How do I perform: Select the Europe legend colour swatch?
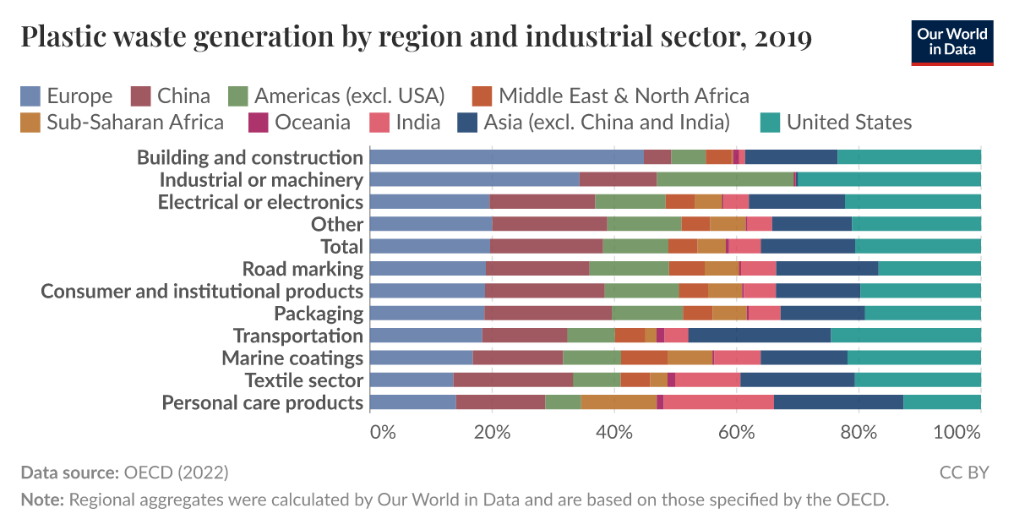point(31,96)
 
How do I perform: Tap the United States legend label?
point(848,122)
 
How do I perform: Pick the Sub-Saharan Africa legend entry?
point(123,122)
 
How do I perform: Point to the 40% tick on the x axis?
point(614,431)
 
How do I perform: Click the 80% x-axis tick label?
point(859,431)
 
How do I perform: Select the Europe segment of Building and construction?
point(506,156)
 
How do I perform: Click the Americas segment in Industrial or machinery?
point(725,178)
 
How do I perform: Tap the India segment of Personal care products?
point(718,402)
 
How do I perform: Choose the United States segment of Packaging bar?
point(923,313)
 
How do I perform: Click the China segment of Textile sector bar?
point(513,380)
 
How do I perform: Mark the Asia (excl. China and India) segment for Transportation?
point(759,335)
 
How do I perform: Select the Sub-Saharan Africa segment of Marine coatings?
point(690,358)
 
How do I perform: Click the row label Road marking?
point(303,269)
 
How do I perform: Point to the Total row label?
point(341,246)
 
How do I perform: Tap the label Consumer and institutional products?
point(202,291)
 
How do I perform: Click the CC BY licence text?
point(964,472)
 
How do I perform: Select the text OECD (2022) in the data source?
point(176,472)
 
